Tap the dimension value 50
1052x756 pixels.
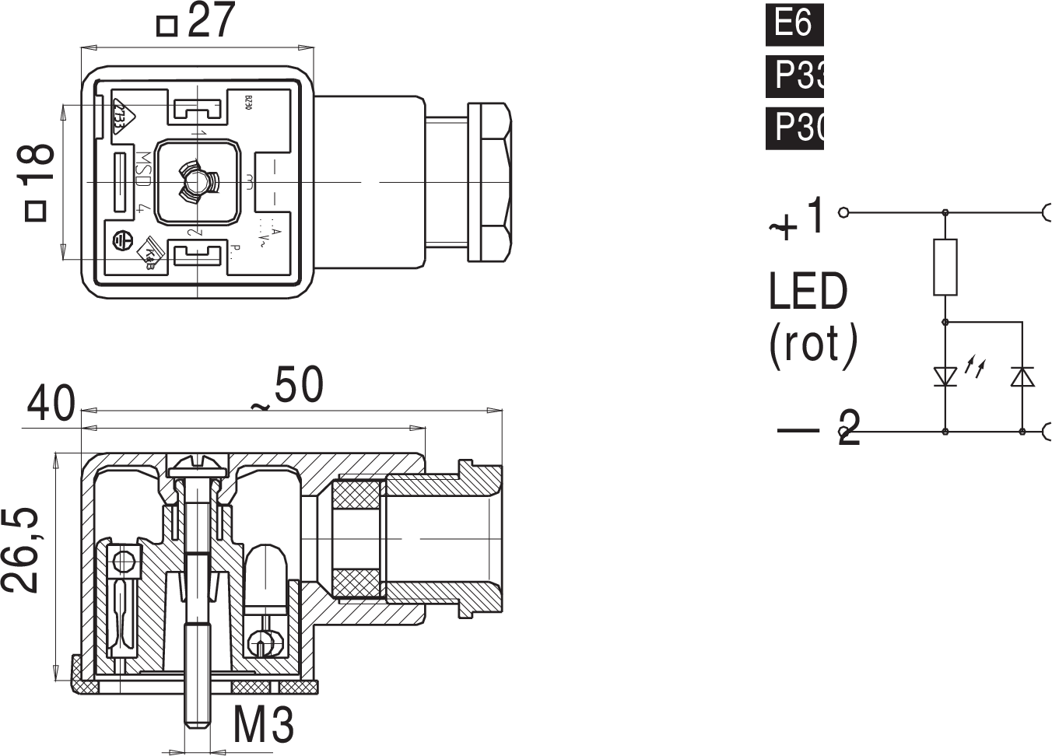298,386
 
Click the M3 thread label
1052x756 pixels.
264,726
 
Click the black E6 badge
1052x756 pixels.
794,23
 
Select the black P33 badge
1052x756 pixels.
794,75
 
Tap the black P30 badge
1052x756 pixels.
794,127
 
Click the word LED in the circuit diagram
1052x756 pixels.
808,292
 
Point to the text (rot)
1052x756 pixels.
813,345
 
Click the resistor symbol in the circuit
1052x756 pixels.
945,267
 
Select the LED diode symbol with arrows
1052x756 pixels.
945,376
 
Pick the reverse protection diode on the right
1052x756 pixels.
1022,376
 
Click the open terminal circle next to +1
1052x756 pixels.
843,212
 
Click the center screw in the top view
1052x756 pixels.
196,183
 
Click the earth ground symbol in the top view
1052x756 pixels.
121,241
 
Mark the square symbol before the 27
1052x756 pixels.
167,26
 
